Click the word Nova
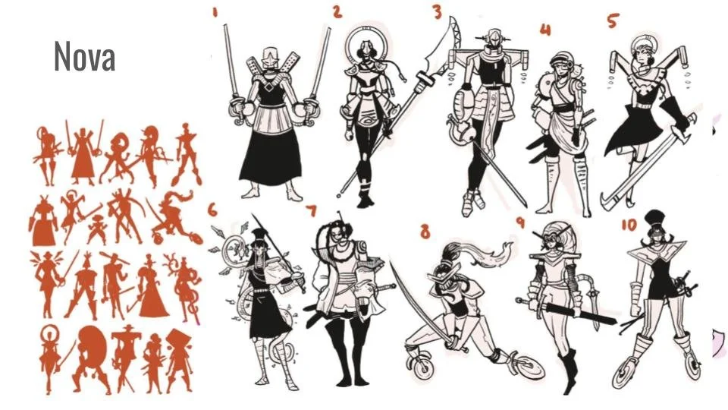(84, 57)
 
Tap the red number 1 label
(215, 13)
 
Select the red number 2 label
(337, 11)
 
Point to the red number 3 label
(437, 11)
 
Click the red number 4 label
(545, 30)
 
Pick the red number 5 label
(613, 20)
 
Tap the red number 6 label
(212, 210)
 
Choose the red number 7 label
(311, 210)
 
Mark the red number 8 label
(425, 231)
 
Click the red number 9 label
(520, 222)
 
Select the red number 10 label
(629, 225)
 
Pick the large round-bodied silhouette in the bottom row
(93, 353)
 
